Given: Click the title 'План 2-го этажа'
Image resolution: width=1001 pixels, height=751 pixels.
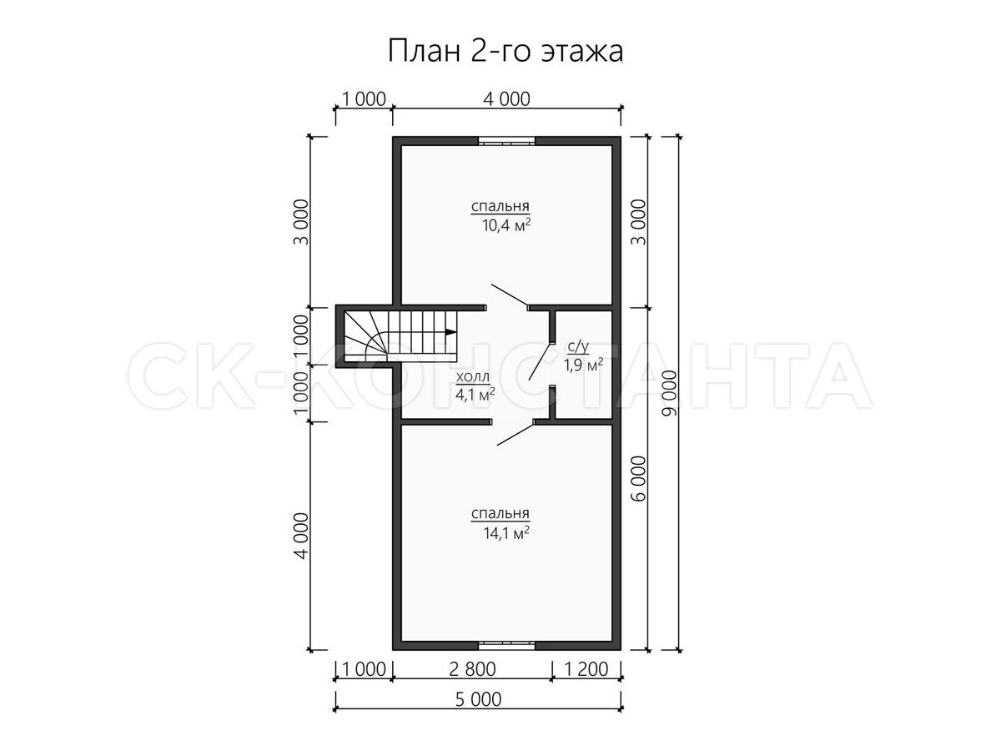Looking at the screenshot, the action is pyautogui.click(x=506, y=52).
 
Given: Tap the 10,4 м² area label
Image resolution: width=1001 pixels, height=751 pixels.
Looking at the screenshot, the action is pyautogui.click(x=506, y=224).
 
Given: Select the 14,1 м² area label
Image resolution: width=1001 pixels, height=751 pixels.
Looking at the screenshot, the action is pyautogui.click(x=506, y=532).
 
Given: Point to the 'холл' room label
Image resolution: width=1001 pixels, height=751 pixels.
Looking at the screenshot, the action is pyautogui.click(x=473, y=376).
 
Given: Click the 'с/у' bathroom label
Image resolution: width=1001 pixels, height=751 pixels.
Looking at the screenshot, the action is pyautogui.click(x=578, y=347).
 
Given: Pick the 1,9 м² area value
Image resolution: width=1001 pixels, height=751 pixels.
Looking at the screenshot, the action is pyautogui.click(x=583, y=365).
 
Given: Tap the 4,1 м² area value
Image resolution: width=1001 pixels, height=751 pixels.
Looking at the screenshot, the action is pyautogui.click(x=475, y=394).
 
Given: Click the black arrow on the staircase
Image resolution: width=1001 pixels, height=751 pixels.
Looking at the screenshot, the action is pyautogui.click(x=450, y=332).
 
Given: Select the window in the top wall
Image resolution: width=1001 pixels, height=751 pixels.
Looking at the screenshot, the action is pyautogui.click(x=506, y=141).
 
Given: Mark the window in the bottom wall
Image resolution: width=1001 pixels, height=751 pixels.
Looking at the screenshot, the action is pyautogui.click(x=506, y=645).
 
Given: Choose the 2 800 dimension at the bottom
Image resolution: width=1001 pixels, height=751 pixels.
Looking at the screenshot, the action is pyautogui.click(x=472, y=669).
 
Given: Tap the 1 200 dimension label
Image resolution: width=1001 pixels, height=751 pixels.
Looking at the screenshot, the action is pyautogui.click(x=586, y=669).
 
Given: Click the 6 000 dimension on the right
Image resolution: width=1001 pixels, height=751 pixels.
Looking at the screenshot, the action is pyautogui.click(x=640, y=479).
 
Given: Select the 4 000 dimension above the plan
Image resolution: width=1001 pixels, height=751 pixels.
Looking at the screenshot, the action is pyautogui.click(x=506, y=99).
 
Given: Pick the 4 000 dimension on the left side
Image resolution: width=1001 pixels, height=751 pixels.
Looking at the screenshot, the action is pyautogui.click(x=301, y=536).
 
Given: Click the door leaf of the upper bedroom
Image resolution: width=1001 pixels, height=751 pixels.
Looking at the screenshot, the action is pyautogui.click(x=510, y=295).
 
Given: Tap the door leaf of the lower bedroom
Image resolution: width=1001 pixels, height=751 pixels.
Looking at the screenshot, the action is pyautogui.click(x=516, y=435).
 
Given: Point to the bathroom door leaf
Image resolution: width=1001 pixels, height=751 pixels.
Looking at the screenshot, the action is pyautogui.click(x=541, y=361).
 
